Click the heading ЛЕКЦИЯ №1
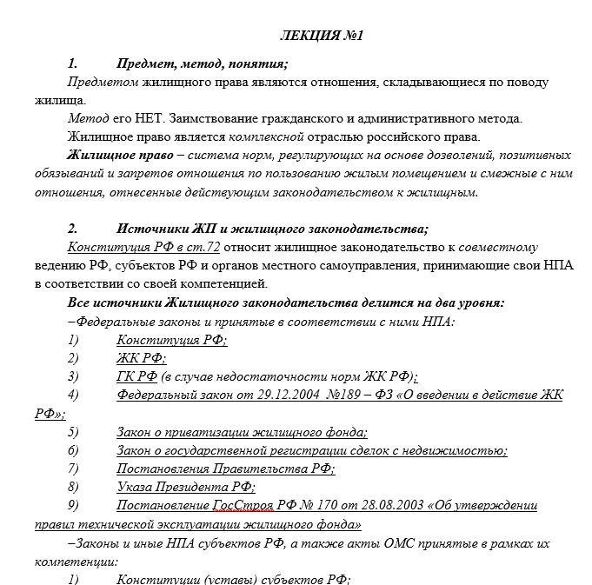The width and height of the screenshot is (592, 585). point(322,37)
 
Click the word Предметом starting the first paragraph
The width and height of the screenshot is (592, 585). point(100,82)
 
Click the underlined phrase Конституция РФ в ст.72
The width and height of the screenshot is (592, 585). point(143,248)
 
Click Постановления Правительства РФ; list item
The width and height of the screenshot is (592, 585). point(225,469)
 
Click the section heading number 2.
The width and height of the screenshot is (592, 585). point(73,229)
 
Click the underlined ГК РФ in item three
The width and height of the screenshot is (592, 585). point(136,376)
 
